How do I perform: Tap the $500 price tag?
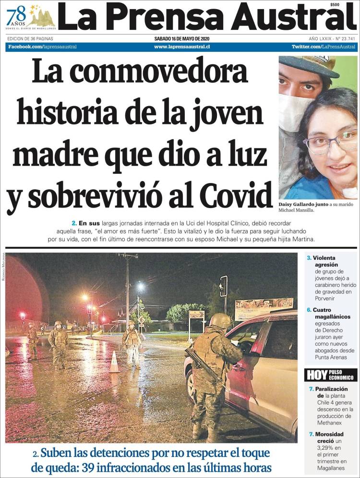click(335, 4)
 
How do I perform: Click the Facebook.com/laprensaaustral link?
click(42, 47)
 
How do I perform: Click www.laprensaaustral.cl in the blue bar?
click(182, 47)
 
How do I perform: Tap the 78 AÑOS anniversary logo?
click(30, 17)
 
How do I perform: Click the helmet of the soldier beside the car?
click(220, 320)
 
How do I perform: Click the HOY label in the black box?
click(317, 375)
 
